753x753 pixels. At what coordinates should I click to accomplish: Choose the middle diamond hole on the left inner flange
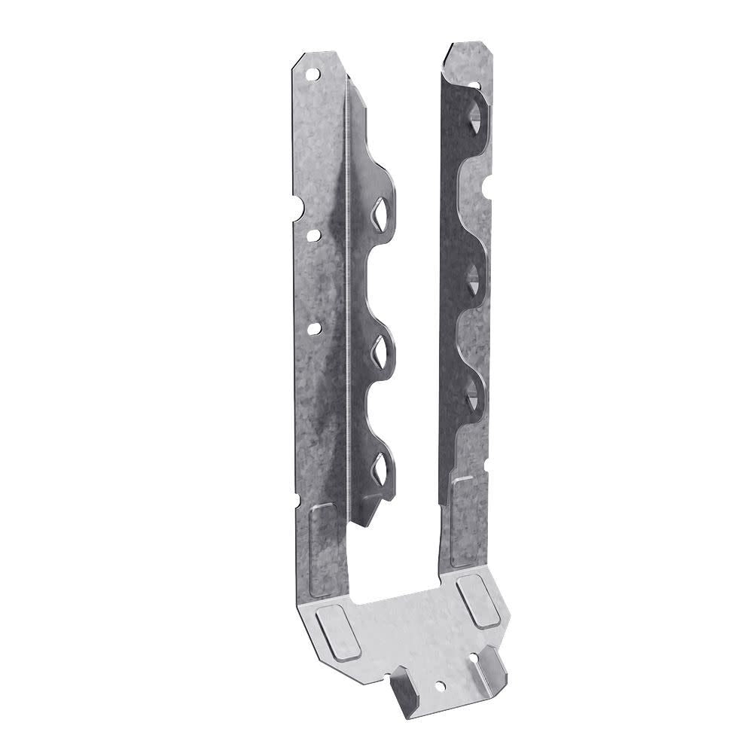pyautogui.click(x=379, y=348)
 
